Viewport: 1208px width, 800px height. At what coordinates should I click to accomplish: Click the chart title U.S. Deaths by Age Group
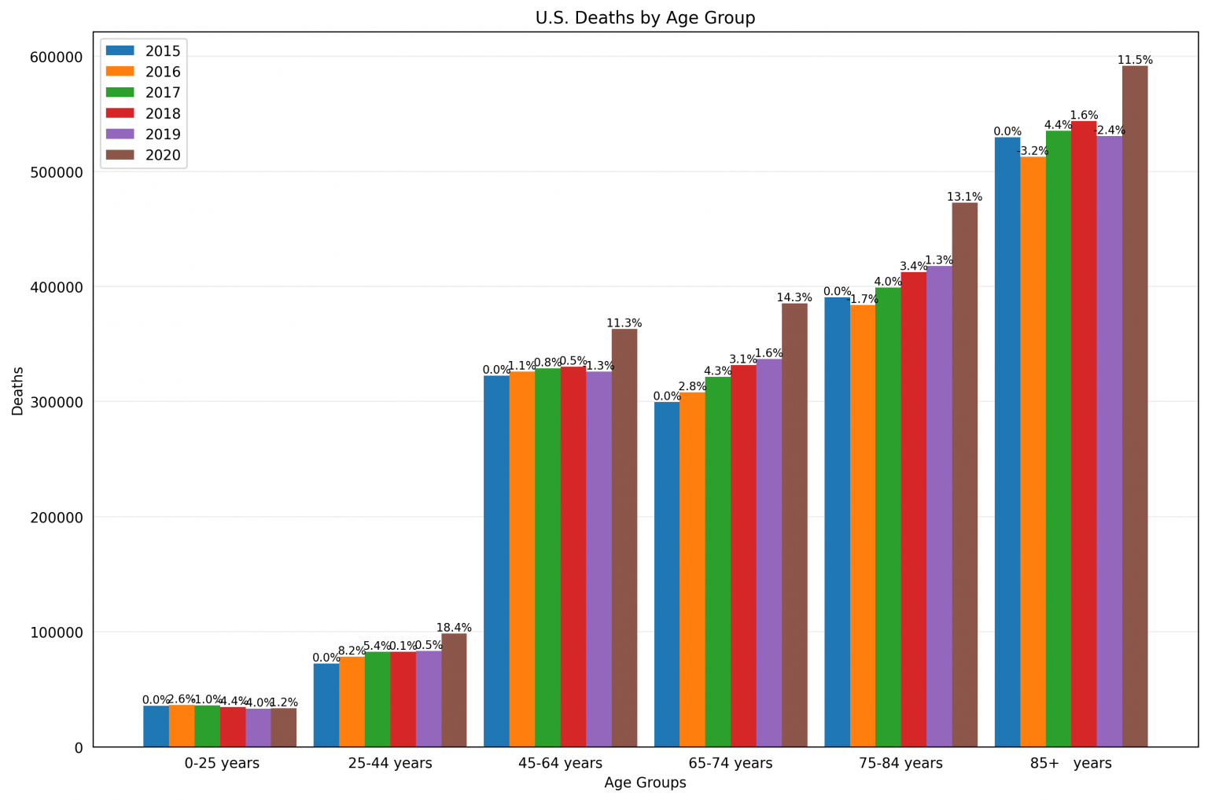[x=645, y=17]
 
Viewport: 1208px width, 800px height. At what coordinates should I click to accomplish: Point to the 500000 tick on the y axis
[x=57, y=172]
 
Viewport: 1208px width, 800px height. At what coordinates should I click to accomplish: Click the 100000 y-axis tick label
[x=57, y=632]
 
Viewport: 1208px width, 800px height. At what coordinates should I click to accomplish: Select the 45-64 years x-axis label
[x=561, y=763]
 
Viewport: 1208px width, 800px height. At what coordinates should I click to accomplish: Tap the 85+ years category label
[x=1070, y=763]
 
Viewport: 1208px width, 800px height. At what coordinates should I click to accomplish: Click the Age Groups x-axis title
[x=645, y=783]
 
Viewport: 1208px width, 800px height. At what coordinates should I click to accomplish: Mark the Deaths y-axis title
[x=17, y=391]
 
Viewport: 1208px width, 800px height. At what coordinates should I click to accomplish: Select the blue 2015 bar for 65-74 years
[x=667, y=574]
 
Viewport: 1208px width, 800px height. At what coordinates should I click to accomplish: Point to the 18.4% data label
[x=454, y=628]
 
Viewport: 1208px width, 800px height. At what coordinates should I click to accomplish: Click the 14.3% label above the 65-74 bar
[x=794, y=297]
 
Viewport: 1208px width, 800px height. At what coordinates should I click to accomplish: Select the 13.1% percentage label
[x=964, y=197]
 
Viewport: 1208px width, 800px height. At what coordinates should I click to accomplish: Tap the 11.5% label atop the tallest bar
[x=1135, y=60]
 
